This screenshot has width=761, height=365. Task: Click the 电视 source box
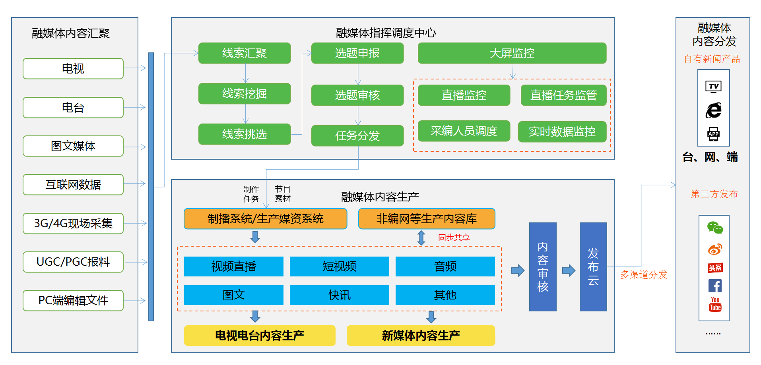tap(73, 69)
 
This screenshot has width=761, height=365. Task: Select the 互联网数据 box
tap(73, 185)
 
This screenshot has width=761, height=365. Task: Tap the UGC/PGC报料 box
tap(73, 262)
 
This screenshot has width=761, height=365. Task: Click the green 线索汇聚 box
tap(245, 53)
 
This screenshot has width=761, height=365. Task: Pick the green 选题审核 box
tap(357, 95)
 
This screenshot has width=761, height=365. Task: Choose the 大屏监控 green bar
tap(512, 53)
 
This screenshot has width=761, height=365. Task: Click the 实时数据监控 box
tap(562, 132)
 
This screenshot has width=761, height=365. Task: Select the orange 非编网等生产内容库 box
tap(427, 219)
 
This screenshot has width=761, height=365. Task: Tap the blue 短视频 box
tap(339, 267)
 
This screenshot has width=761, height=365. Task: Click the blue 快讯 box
tap(339, 295)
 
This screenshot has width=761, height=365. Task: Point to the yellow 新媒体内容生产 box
tap(421, 336)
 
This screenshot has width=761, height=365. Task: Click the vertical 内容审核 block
tap(543, 267)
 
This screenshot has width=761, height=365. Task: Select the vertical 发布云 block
tap(593, 267)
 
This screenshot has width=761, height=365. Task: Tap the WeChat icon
tap(715, 228)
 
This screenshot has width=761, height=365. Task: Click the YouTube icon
tap(715, 304)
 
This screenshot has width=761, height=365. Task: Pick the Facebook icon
tap(715, 286)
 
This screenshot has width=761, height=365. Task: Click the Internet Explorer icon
tap(714, 110)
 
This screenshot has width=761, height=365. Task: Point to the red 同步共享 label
tap(454, 238)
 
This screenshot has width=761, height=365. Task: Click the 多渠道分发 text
tap(643, 275)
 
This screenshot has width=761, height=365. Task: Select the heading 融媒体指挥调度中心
tap(386, 33)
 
